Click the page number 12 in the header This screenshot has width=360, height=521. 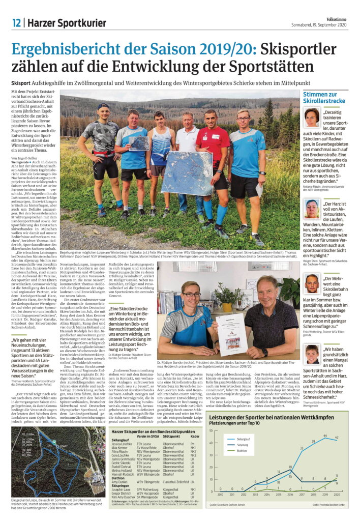pyautogui.click(x=16, y=22)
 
